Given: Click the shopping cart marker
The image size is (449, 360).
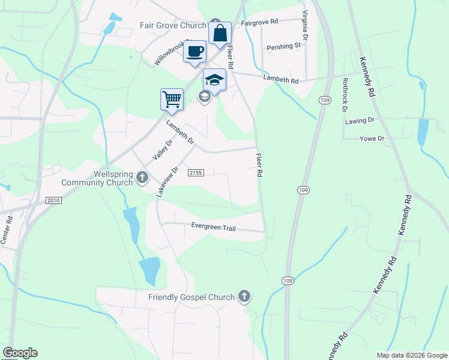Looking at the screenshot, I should coord(172,99).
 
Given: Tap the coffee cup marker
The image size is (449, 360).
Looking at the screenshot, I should coord(194,52).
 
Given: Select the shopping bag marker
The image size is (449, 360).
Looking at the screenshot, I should coord(220,32).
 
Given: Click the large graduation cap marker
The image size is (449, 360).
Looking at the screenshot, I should coord(214,80).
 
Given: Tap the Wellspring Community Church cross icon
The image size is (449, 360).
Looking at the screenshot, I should coord(142,177).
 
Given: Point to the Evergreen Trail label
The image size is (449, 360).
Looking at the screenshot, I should coord(214,227).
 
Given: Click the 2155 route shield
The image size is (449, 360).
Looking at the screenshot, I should coord(196,173).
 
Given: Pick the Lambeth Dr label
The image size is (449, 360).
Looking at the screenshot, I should coord(180,131).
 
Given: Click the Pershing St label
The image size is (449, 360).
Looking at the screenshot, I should coord(283,46).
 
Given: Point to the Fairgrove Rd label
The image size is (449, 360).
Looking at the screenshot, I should coord(260,22).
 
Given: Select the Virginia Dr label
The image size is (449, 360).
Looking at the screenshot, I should coord(306,25).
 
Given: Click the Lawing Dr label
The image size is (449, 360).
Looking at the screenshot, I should coord(360,121).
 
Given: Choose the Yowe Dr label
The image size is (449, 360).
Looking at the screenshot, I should coord(372,138).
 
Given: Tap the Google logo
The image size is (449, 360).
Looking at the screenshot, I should coord(20,353).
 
